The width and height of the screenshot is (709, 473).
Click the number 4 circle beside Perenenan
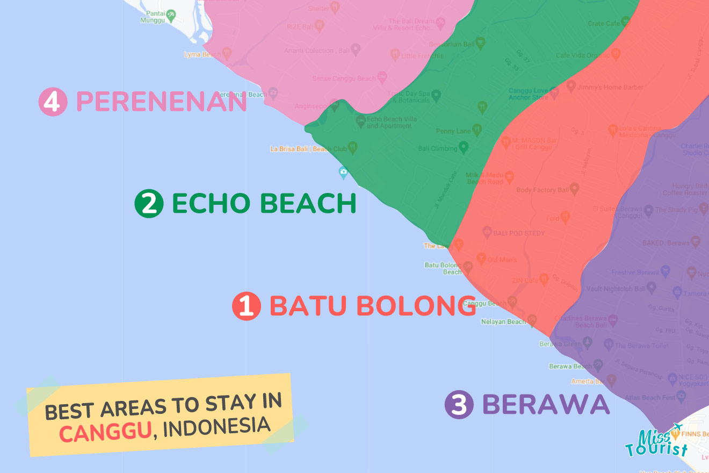pyautogui.click(x=53, y=102)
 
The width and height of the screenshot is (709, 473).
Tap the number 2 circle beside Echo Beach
pyautogui.click(x=149, y=204)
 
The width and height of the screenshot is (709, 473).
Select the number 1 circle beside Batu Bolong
pyautogui.click(x=246, y=306)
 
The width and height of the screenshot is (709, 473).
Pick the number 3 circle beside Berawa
pyautogui.click(x=459, y=405)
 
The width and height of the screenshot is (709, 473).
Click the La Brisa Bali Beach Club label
pyautogui.click(x=308, y=149)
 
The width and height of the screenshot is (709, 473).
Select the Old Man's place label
pyautogui.click(x=502, y=260)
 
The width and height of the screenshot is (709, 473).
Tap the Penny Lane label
pyautogui.click(x=453, y=131)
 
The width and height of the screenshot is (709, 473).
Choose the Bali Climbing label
pyautogui.click(x=437, y=148)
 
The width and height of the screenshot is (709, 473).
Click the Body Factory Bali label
pyautogui.click(x=542, y=190)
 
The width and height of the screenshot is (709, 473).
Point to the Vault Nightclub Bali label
pyautogui.click(x=616, y=289)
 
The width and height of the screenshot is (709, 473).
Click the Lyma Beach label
pyautogui.click(x=202, y=54)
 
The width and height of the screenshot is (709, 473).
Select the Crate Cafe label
pyautogui.click(x=603, y=24)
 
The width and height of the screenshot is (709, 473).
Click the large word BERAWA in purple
pyautogui.click(x=546, y=405)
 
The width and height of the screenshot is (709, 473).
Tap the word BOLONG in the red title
pyautogui.click(x=416, y=306)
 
